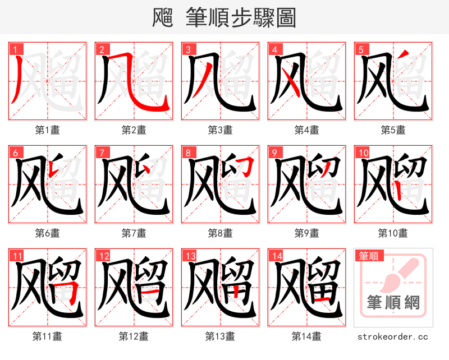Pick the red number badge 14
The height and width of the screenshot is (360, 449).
click(277, 256)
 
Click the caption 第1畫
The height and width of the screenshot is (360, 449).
click(48, 130)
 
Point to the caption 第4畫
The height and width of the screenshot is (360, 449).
click(307, 130)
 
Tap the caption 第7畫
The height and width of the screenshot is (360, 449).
click(134, 233)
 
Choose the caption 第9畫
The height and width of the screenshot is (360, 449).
click(307, 233)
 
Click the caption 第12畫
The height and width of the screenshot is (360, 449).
click(134, 336)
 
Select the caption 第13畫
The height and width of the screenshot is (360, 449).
click(221, 336)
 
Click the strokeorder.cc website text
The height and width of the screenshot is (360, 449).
click(393, 336)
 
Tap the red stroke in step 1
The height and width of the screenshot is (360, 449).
click(16, 81)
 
